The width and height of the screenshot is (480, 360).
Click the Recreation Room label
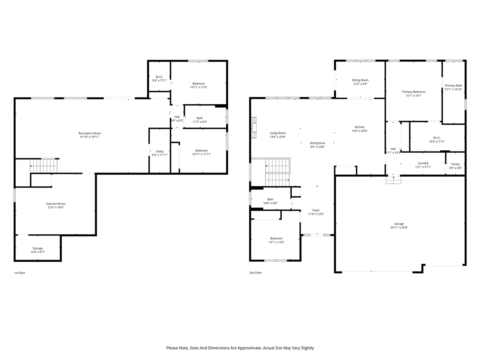click(x=89, y=133)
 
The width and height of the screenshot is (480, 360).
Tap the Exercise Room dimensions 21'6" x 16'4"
click(x=55, y=207)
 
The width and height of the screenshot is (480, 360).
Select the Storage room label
click(x=37, y=248)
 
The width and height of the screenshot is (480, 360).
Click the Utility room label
click(x=160, y=151)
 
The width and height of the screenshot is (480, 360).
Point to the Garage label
click(x=399, y=224)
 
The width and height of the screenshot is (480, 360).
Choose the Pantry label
click(x=455, y=164)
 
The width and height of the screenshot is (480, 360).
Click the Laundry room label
click(x=423, y=163)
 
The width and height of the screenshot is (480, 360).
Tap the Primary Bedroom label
click(x=414, y=92)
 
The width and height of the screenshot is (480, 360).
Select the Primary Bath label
click(x=453, y=85)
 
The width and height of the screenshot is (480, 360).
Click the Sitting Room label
click(x=360, y=80)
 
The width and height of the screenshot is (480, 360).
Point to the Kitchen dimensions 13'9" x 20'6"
click(x=359, y=131)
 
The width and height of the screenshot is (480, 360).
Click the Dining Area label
click(x=317, y=143)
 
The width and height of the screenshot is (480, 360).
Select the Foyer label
click(x=316, y=210)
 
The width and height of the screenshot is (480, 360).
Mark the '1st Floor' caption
click(x=19, y=273)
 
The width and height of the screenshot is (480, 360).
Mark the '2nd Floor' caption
click(x=255, y=273)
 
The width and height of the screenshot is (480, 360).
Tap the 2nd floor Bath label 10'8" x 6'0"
click(x=270, y=199)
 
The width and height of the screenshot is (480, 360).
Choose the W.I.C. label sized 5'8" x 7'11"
click(x=159, y=77)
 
